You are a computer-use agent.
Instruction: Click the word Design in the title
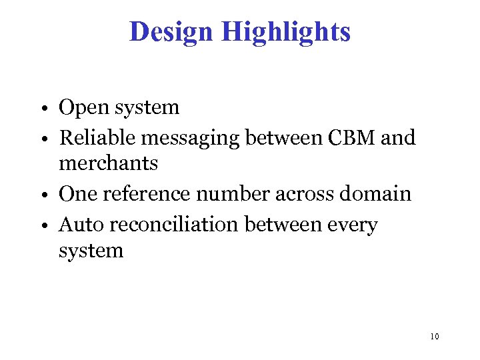point(171,31)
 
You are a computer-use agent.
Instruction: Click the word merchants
point(108,163)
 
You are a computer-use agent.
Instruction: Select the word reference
point(141,193)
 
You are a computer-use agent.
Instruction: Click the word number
point(227,193)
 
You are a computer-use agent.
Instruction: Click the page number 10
point(434,337)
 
